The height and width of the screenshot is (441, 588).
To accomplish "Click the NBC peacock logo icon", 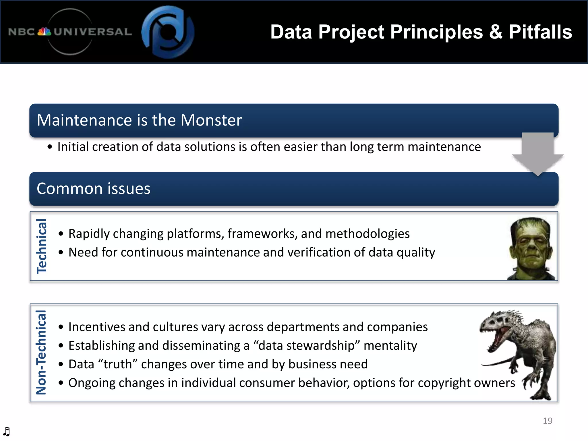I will pos(44,32).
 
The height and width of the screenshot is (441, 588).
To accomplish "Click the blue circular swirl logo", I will pos(168,32).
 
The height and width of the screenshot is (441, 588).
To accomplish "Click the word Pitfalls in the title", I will pos(540,32).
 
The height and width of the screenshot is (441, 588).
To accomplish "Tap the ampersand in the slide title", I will pos(496,32).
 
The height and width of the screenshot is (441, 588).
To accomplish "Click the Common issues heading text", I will pos(93,189).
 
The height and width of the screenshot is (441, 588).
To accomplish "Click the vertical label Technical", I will pos(42,246).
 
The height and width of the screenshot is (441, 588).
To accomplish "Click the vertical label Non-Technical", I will pos(41,352).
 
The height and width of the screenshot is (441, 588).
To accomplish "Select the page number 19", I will pos(548,421).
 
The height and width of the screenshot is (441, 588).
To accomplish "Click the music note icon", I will pos(6,431).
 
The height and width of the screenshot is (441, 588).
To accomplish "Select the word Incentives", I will pos(96,327).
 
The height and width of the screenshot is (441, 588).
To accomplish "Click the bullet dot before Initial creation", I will pos(50,147).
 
